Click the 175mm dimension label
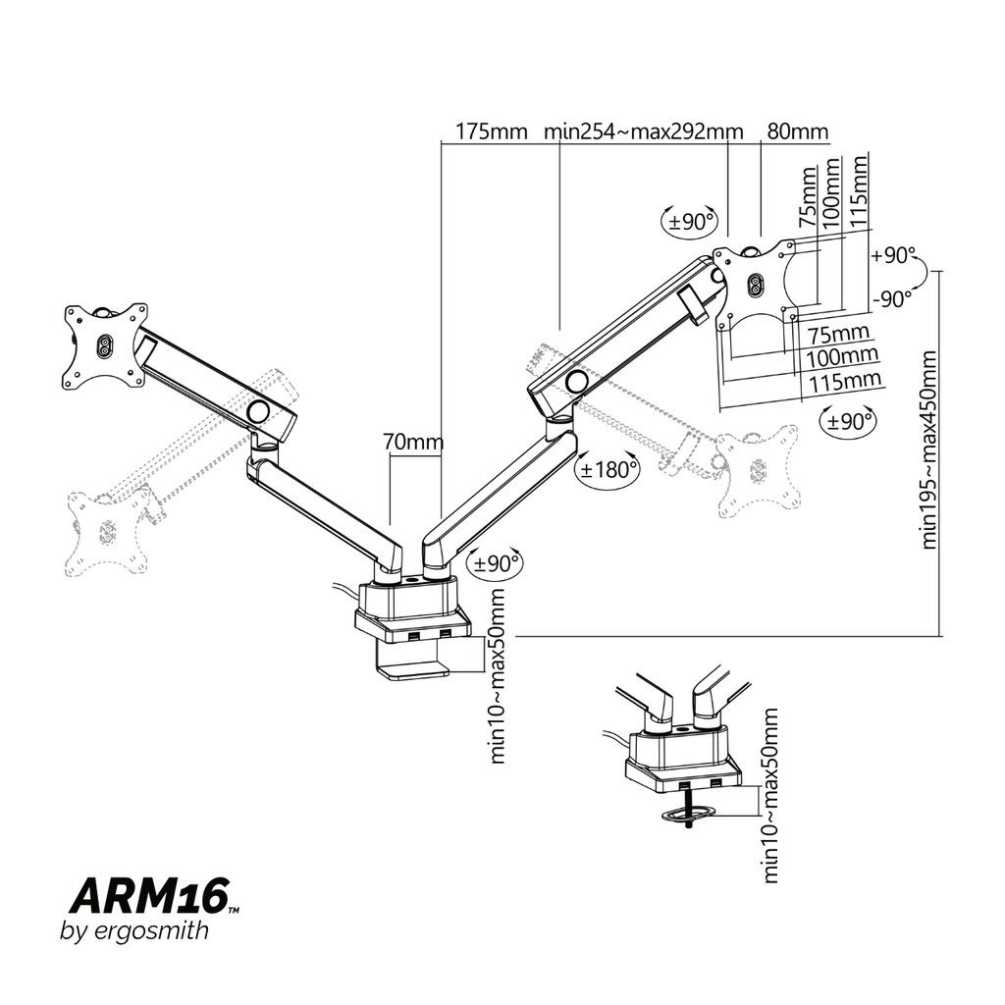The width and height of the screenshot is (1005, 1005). coord(492,132)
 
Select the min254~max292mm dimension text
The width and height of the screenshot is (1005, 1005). coord(644,132)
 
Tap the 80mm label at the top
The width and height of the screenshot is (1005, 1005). coord(797,132)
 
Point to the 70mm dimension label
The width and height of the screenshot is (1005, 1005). coord(413,443)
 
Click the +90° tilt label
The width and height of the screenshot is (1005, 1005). coord(892,255)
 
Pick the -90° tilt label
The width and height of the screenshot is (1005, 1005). coord(892,299)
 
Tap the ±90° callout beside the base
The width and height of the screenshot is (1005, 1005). coord(496,563)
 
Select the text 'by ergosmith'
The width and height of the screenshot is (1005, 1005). coord(134,931)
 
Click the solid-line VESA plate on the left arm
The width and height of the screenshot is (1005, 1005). coord(104,345)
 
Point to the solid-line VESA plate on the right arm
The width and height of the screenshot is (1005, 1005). coord(755,283)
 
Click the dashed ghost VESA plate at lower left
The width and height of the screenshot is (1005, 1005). coord(108,529)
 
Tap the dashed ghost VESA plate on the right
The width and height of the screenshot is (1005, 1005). coord(757,472)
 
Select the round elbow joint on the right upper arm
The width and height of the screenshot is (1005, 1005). coord(577,381)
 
